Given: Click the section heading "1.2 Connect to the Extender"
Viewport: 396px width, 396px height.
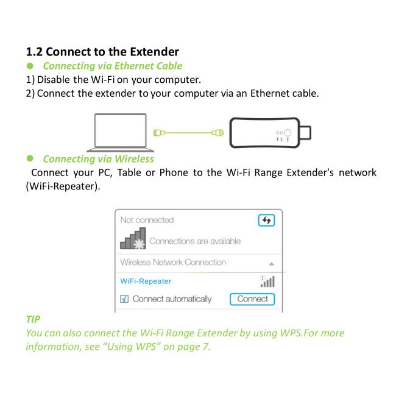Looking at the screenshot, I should click(x=102, y=52).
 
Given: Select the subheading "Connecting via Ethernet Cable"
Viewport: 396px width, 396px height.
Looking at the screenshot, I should click(x=113, y=66).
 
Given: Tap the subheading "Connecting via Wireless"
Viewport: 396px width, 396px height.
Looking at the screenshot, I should click(x=98, y=159).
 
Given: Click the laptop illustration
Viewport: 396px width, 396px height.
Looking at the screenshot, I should click(x=120, y=132).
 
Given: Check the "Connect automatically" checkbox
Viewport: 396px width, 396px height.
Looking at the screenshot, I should click(x=125, y=299).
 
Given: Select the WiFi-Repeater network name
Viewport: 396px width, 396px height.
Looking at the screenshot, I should click(x=146, y=281).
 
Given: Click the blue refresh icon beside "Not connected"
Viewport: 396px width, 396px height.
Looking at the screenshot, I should click(x=266, y=221).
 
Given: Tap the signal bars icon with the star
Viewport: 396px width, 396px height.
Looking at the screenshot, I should click(x=133, y=239).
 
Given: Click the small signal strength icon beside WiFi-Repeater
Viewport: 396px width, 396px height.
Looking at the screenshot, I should click(x=267, y=281).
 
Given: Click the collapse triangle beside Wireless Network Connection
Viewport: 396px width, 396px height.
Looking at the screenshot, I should click(x=271, y=264).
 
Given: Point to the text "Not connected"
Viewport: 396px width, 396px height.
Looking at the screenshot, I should click(x=147, y=220).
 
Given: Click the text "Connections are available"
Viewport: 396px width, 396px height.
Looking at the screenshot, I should click(x=195, y=241).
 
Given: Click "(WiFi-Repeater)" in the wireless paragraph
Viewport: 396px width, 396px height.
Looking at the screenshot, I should click(x=63, y=186).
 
